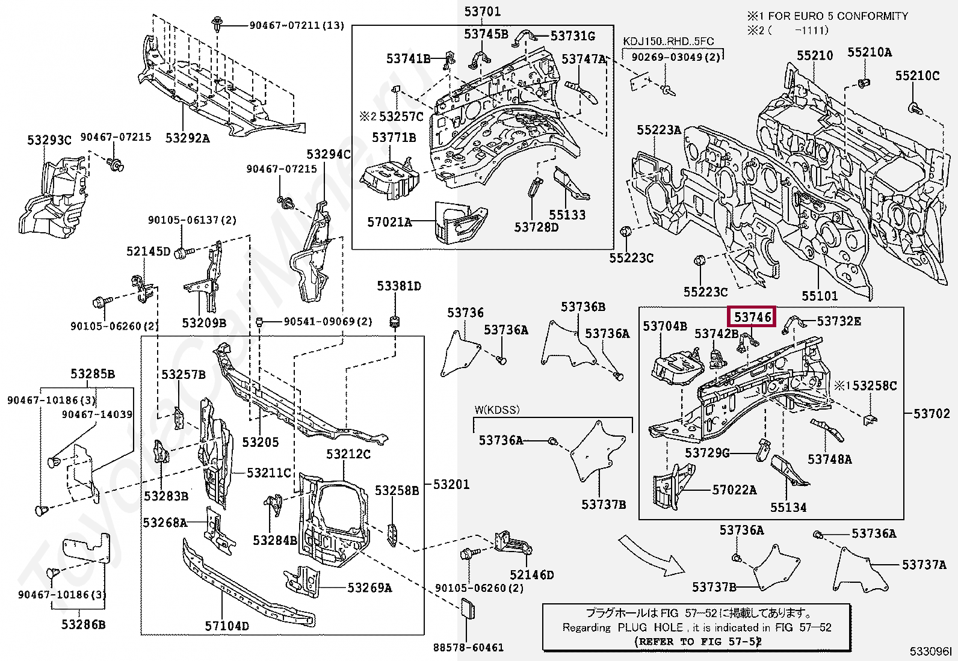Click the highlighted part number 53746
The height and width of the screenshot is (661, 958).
coord(752,317)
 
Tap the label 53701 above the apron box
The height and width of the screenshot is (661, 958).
coord(482,11)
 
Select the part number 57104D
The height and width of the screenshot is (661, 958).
coord(227,626)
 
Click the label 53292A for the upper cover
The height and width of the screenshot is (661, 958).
coord(188,138)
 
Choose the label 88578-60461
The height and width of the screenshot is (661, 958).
coord(468,648)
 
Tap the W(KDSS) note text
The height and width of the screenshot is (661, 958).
coord(496,410)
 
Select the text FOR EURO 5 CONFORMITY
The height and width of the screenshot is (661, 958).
coord(838,16)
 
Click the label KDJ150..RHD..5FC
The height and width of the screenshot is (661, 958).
coord(668,41)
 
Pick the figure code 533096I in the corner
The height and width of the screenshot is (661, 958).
coord(930,651)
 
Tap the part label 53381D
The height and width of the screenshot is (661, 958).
coord(399,286)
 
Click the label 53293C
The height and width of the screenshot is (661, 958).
coord(49,141)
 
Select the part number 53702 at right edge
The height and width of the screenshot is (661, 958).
coord(932,413)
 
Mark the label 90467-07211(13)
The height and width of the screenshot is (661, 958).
coord(297,25)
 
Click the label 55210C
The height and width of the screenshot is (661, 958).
coord(917,75)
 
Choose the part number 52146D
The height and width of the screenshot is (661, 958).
coord(531,575)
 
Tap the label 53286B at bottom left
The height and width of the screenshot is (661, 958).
coord(83,624)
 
